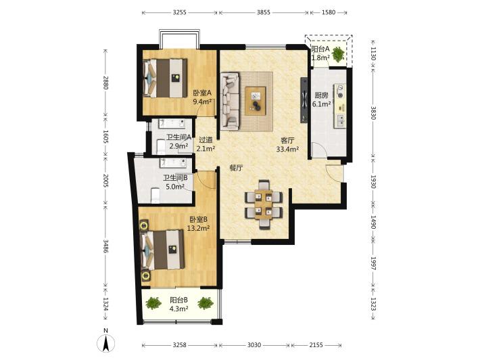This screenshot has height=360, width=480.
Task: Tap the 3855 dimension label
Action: (263, 13)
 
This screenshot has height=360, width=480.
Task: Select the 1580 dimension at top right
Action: (329, 13)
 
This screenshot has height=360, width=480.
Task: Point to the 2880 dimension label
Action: (105, 83)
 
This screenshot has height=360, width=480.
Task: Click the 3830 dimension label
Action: (373, 113)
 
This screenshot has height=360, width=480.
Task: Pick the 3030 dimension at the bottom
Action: (254, 345)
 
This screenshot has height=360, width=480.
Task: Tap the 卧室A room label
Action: (202, 93)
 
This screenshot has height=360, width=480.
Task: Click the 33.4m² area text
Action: (287, 149)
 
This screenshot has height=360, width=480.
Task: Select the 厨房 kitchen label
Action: (321, 95)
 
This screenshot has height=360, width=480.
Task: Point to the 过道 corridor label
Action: (206, 140)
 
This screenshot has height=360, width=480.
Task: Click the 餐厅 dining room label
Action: (237, 168)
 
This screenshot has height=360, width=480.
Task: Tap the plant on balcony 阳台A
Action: (337, 54)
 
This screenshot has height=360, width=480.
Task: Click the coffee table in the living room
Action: (256, 101)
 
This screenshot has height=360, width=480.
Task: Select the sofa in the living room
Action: (230, 100)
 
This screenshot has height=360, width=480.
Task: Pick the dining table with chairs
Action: (264, 204)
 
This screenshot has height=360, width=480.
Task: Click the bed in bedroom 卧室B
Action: (162, 250)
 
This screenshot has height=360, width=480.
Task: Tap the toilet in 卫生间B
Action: (155, 196)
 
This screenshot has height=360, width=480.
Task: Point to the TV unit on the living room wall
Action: (304, 100)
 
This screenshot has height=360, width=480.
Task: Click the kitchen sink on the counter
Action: (340, 120)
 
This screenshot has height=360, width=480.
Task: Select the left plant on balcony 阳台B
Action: (153, 303)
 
